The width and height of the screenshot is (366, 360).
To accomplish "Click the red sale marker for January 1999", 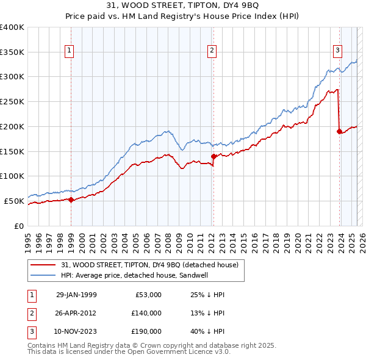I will [x=71, y=199].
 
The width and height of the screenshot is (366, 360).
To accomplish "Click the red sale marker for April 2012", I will [x=213, y=156].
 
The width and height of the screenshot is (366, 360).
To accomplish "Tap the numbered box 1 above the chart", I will [x=70, y=51].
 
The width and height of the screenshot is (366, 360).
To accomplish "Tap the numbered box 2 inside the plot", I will [x=212, y=51].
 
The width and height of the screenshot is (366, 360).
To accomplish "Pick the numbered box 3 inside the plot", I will [x=338, y=51].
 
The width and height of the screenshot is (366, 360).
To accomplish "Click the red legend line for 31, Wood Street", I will [x=43, y=264].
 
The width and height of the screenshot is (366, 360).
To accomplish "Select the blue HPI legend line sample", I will [x=43, y=275].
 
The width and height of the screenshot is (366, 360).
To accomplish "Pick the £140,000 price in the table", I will [x=146, y=313].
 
